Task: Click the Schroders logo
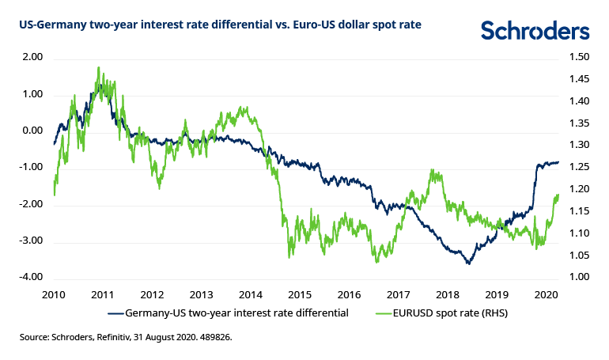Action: (x=535, y=31)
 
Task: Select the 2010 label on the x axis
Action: (x=53, y=294)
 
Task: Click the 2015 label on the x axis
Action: (x=299, y=294)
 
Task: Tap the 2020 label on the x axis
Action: (x=544, y=294)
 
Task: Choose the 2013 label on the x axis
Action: (x=200, y=294)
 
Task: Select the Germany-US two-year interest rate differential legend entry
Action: (x=238, y=313)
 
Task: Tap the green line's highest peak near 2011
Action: (x=98, y=67)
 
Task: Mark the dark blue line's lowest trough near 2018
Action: (x=469, y=263)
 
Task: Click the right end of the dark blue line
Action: (x=558, y=162)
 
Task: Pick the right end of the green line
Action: (x=558, y=195)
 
